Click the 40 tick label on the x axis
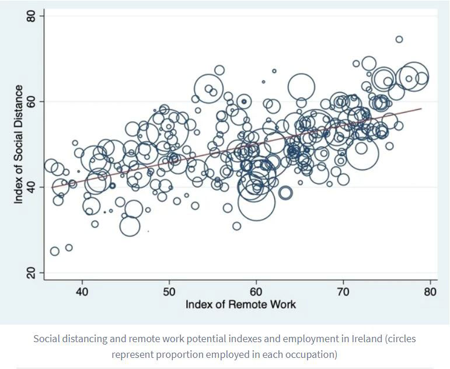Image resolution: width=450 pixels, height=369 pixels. click(x=82, y=291)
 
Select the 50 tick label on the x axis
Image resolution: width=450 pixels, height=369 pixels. click(x=169, y=291)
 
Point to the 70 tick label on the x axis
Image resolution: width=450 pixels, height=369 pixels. click(x=343, y=291)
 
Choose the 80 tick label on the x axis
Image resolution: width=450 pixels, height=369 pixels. click(x=430, y=291)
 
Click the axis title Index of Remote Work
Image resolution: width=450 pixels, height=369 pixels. click(x=240, y=305)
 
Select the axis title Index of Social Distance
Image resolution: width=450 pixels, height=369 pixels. click(x=19, y=144)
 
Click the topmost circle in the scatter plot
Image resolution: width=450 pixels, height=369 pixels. click(x=399, y=40)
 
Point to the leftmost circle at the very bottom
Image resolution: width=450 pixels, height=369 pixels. click(x=55, y=251)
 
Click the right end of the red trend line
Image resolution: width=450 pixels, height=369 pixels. click(x=421, y=109)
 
